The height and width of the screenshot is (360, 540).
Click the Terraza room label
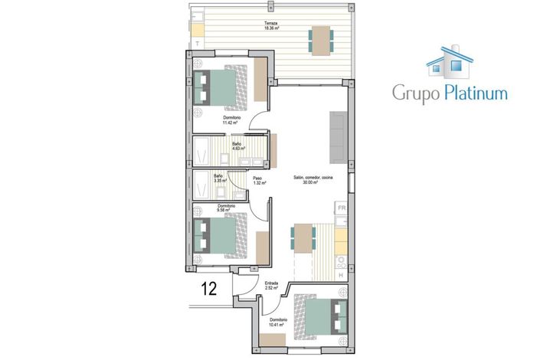pos(271,23)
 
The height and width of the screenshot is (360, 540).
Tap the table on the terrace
pos(320,39)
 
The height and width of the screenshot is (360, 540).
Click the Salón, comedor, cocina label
pos(313,179)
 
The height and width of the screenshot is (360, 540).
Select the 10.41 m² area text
pos(277,325)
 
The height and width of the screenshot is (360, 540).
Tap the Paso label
pos(259,178)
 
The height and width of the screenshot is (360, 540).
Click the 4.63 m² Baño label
pos(237,146)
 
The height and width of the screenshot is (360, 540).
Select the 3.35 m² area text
pos(219,181)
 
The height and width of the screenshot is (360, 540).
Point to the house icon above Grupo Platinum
pos(450,61)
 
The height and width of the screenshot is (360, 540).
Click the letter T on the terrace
pos(198,44)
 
